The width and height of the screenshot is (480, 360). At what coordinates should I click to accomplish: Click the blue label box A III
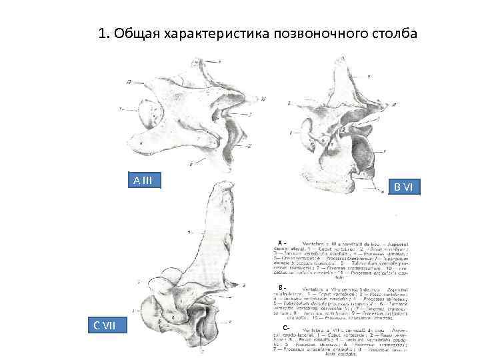pos(143,181)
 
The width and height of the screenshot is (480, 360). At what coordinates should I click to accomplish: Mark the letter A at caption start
pos(281,241)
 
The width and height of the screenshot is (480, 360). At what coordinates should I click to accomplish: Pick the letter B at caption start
pos(281,287)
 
